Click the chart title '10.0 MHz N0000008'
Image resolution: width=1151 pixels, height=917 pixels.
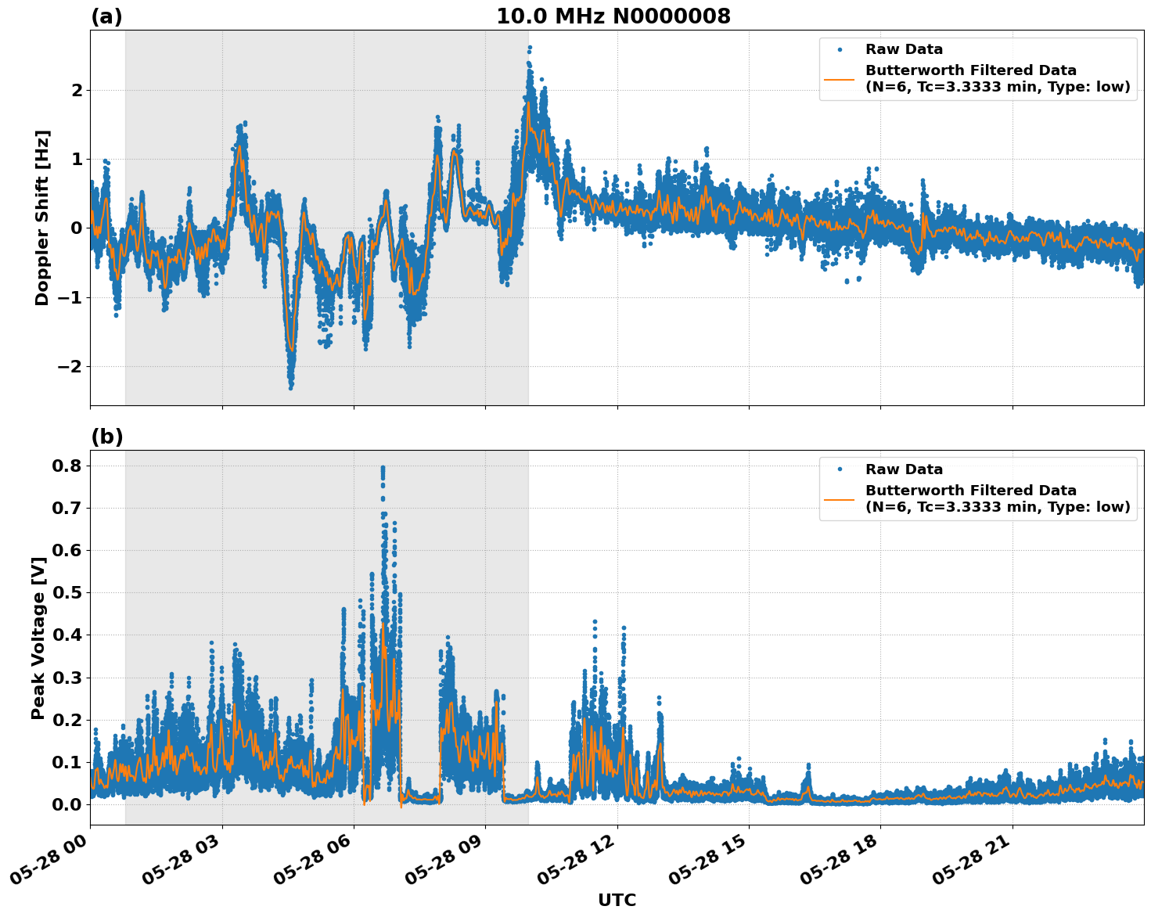click(613, 16)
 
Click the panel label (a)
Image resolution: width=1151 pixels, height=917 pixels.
click(106, 16)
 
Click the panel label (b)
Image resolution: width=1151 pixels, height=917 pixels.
click(106, 437)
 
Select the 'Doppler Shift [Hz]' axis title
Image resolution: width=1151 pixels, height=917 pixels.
click(41, 218)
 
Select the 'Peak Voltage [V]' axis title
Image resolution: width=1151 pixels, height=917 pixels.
click(38, 638)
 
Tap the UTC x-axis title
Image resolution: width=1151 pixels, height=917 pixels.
click(617, 900)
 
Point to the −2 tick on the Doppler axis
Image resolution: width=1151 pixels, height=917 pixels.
click(70, 366)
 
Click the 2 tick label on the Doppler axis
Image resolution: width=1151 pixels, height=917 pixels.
click(77, 91)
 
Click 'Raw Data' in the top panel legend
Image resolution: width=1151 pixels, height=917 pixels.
click(904, 49)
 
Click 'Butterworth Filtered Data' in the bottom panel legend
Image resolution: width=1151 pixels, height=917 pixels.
click(970, 491)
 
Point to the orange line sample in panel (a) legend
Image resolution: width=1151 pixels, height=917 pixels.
click(839, 78)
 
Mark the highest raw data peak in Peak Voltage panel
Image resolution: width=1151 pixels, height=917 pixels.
click(383, 468)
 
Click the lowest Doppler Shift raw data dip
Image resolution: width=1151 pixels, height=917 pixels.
click(290, 387)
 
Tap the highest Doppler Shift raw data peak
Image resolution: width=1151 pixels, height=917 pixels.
click(530, 48)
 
